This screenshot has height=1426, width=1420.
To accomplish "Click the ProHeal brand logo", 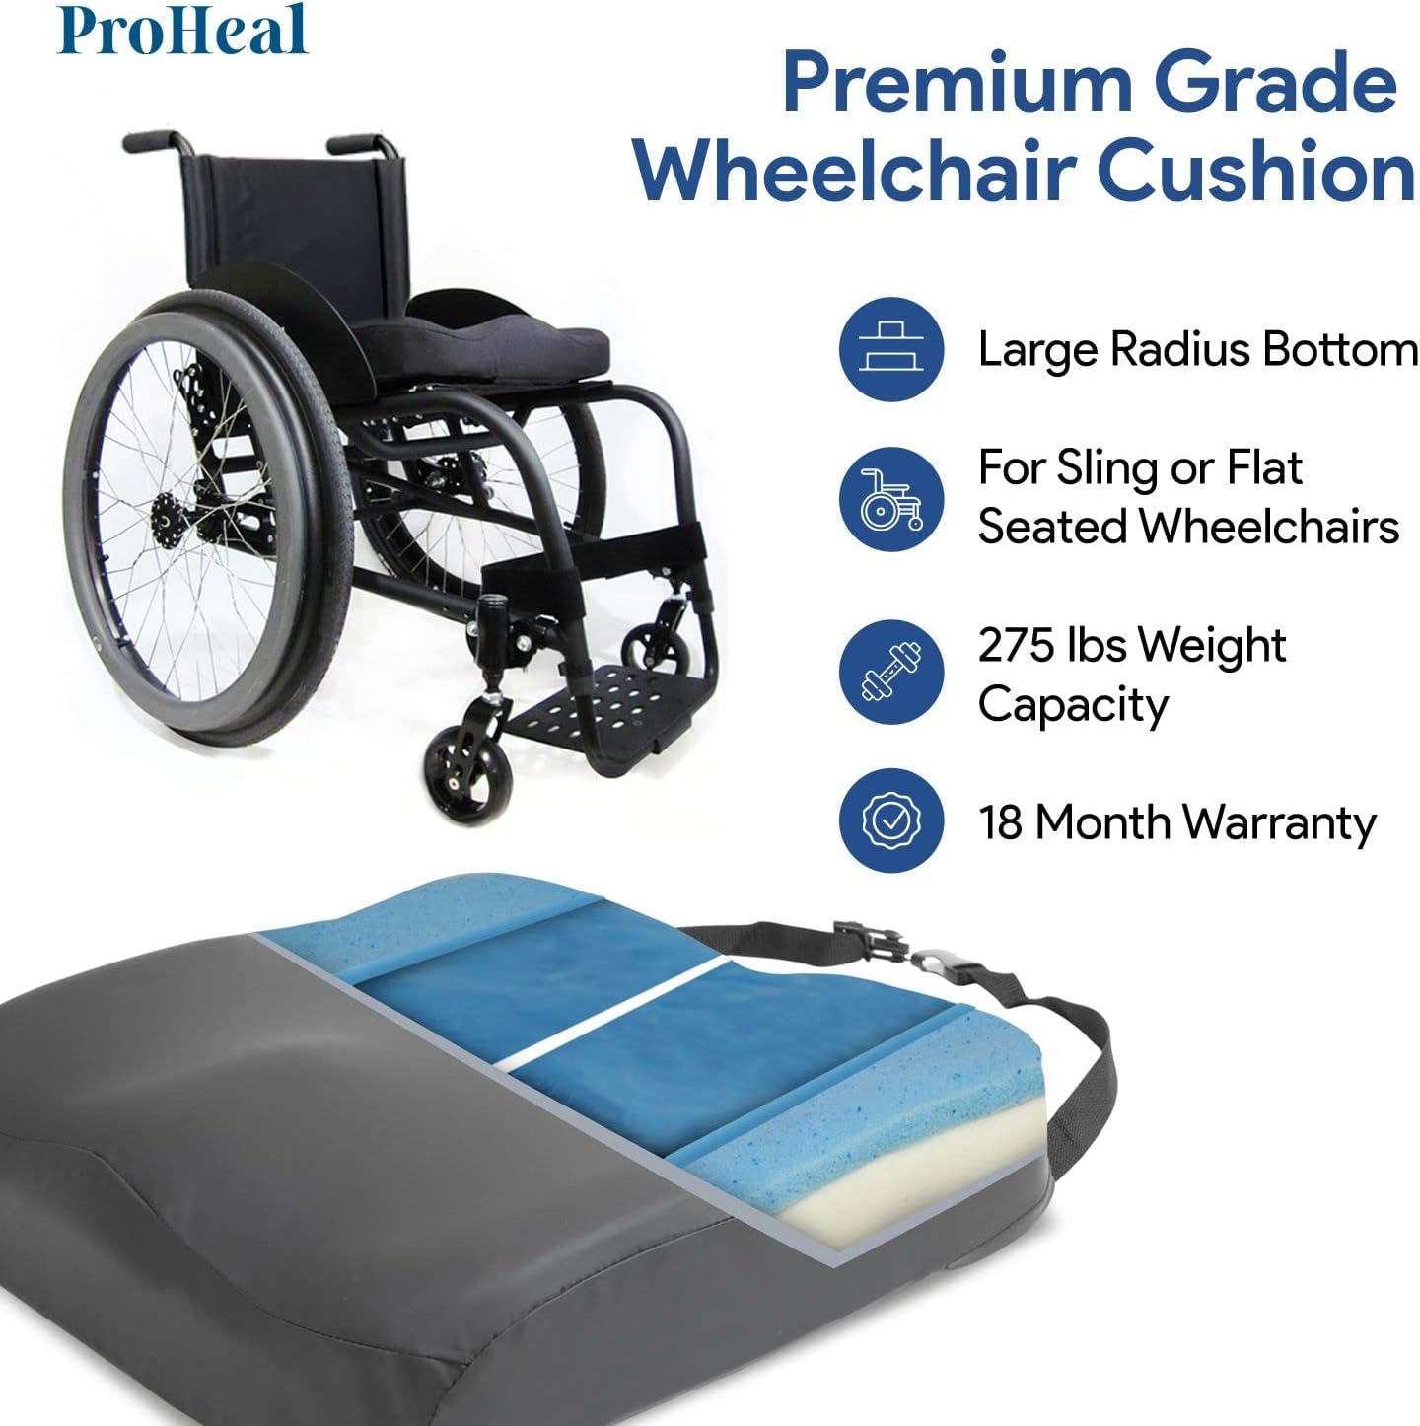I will point(182,31).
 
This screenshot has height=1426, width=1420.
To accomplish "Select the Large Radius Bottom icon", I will point(891,350).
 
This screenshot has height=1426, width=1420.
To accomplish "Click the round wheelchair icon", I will point(891,498).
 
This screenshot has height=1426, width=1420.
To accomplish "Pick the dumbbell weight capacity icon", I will point(891,672).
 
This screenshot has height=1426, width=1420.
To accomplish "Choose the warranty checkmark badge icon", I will point(891,820).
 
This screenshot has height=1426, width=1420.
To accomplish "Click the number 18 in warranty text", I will point(1000,822).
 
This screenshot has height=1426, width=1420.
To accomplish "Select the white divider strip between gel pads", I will point(611,1018).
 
